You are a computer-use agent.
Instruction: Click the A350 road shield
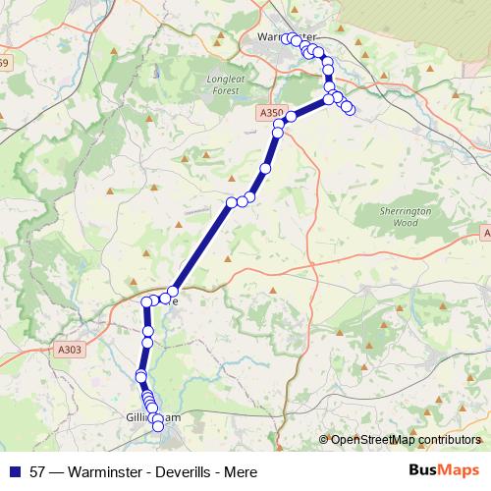271,114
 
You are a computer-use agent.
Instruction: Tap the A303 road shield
69,349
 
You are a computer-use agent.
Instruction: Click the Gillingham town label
154,417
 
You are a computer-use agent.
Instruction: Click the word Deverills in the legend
173,471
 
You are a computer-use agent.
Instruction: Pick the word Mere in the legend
241,471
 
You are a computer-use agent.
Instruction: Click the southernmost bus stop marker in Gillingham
157,426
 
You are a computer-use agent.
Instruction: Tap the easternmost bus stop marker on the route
350,108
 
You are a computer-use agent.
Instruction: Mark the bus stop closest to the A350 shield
291,117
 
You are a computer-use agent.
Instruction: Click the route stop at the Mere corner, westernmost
147,301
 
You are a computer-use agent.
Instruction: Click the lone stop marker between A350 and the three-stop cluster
264,170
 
